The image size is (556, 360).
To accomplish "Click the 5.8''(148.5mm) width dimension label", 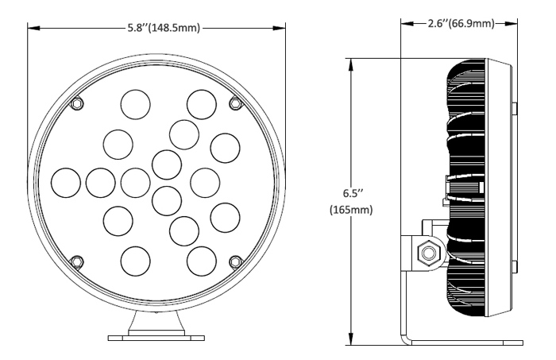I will tap(165, 28).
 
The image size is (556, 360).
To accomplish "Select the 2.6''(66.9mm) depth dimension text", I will tap(454, 25).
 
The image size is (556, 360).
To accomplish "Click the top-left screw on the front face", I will tap(75, 104).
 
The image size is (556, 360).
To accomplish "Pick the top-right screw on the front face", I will tap(234, 103).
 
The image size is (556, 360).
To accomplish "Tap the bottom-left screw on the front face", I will tap(75, 261).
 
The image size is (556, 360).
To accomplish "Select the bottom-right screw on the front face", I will tap(234, 261).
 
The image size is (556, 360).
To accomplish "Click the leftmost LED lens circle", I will tap(65, 182).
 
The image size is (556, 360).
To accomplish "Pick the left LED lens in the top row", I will tap(134, 103).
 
